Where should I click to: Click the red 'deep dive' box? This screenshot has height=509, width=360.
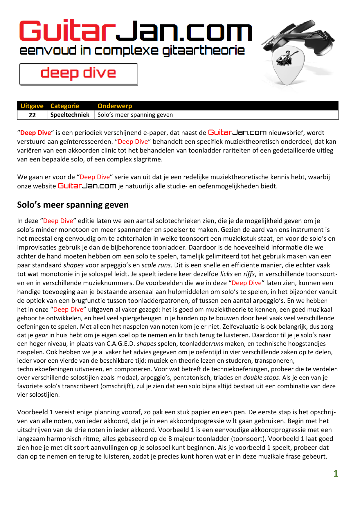(x=78, y=74)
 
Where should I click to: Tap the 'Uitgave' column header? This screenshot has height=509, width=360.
(x=32, y=106)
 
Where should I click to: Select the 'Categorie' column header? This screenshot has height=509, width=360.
(x=65, y=106)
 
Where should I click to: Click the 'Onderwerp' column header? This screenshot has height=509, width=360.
(x=115, y=106)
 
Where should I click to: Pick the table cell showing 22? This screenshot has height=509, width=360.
(x=32, y=115)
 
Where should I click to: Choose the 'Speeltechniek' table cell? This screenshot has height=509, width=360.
(x=70, y=115)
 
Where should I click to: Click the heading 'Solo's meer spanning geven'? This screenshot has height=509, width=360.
(x=73, y=205)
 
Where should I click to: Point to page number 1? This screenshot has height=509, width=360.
(x=336, y=474)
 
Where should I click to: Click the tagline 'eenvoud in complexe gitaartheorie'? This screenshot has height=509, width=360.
(x=132, y=51)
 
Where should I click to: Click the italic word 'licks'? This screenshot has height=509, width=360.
(x=226, y=274)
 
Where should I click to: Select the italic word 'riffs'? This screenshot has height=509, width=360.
(x=249, y=274)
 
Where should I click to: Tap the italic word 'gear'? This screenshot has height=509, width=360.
(x=41, y=335)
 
